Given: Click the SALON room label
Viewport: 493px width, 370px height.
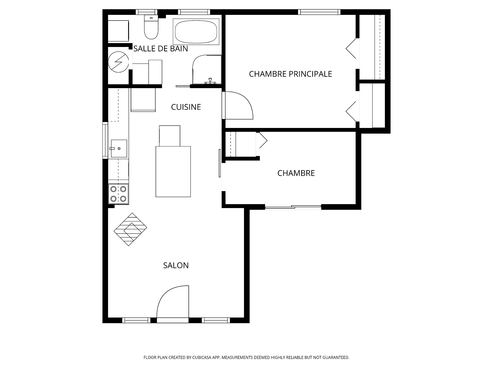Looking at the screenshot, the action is click(x=176, y=265).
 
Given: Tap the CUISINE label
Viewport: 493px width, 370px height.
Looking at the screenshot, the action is click(x=186, y=107).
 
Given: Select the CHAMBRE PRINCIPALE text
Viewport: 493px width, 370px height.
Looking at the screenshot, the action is click(x=290, y=74).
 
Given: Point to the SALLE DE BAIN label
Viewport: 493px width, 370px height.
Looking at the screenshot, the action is click(x=161, y=49).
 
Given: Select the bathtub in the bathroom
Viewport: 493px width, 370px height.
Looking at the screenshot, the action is click(x=196, y=31).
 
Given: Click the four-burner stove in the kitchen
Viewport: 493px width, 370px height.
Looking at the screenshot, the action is click(x=118, y=194).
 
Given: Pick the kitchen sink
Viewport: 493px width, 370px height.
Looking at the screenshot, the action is click(x=119, y=149).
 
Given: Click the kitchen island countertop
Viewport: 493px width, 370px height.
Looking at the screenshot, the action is click(x=173, y=172).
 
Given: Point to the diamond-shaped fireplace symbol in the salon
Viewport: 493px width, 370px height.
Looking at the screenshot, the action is click(x=130, y=229).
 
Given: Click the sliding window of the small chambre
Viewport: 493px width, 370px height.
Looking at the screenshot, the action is click(x=293, y=207).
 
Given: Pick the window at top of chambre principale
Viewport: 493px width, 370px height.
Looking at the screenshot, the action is click(x=319, y=12).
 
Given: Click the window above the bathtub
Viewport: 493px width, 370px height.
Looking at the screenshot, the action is click(x=194, y=12).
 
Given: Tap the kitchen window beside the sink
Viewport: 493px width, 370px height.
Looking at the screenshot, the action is click(x=105, y=140).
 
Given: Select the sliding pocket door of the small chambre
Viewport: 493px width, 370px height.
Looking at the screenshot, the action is click(x=220, y=163).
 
